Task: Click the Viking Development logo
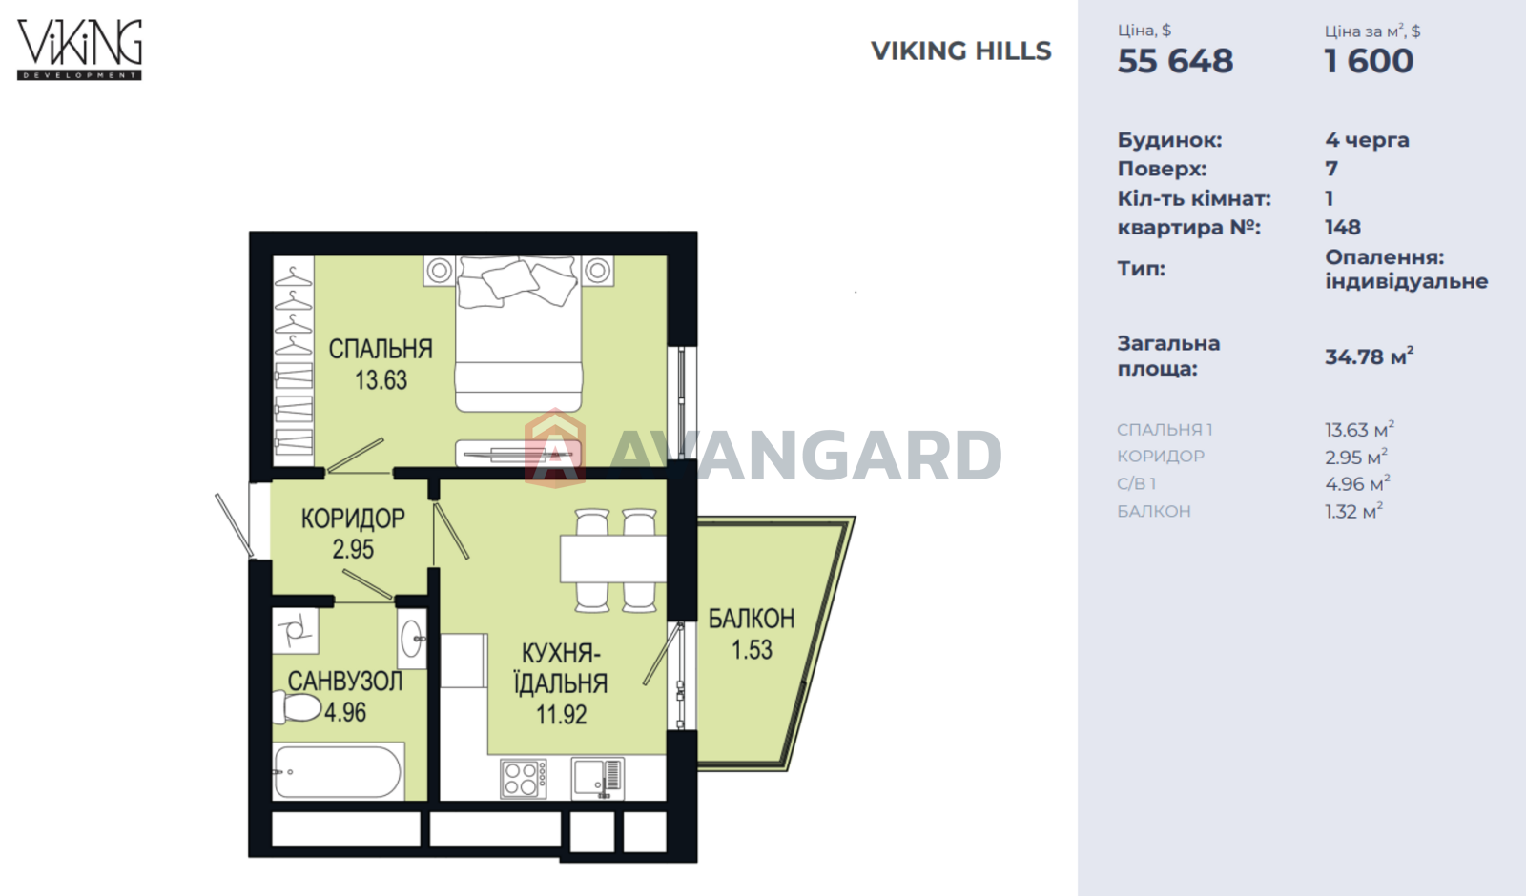coord(80,50)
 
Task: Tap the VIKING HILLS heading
coord(961,51)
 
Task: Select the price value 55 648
coord(1175,61)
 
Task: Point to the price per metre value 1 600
coord(1370,61)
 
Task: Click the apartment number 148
coord(1343,227)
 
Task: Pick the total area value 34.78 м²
coord(1370,356)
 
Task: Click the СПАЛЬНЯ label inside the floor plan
coord(381,349)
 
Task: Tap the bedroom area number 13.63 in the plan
coord(381,380)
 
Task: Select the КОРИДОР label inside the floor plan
coord(353,519)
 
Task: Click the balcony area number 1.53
coord(752,649)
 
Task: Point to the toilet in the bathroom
coord(297,706)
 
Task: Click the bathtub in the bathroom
coord(339,771)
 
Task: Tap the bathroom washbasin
coord(412,639)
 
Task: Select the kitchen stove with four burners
coord(524,778)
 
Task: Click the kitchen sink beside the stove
coord(597,778)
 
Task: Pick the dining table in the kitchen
coord(613,559)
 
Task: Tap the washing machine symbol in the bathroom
coord(296,631)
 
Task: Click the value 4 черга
coord(1367,140)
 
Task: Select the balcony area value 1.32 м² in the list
coord(1353,511)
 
